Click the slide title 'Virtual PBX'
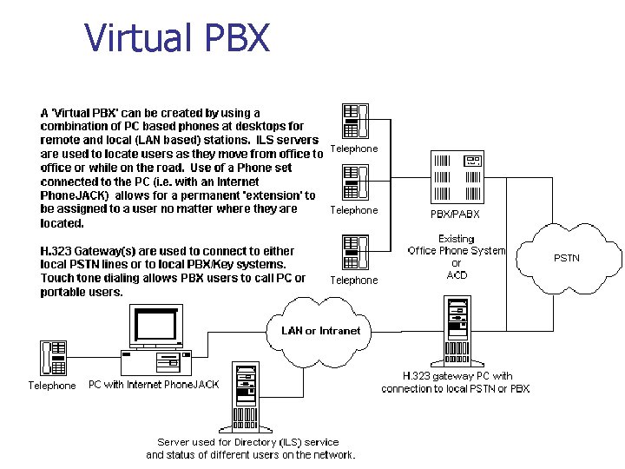tap(177, 38)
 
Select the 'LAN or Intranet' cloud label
tap(320, 330)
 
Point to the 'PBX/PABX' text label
tap(455, 214)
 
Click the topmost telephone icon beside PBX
tap(356, 121)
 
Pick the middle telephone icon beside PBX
tap(356, 182)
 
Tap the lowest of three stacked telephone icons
tap(356, 252)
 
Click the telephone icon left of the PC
tap(52, 359)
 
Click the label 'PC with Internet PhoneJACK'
tap(154, 385)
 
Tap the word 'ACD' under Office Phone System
tap(457, 274)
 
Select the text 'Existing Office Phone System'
tap(457, 245)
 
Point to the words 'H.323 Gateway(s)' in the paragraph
tap(85, 250)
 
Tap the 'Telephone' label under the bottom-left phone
tap(52, 386)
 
